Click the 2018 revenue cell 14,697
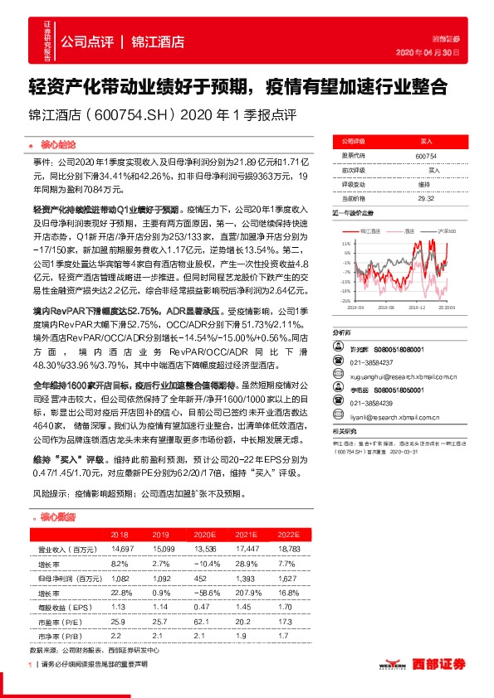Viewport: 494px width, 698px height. pos(121,549)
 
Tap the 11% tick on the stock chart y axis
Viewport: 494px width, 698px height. pos(345,242)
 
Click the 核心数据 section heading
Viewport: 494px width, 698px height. pos(57,517)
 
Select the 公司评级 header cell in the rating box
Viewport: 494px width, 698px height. pos(357,143)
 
